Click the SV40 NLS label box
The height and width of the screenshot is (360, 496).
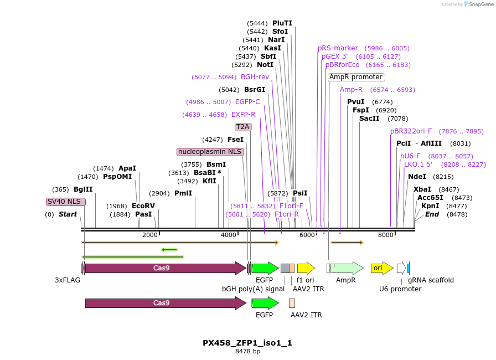point(66,202)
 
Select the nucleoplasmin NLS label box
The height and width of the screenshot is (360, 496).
point(210,152)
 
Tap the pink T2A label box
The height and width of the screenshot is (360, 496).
point(243,127)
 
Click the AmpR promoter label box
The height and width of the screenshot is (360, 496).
point(356,77)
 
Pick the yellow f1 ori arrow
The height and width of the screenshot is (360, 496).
point(306,268)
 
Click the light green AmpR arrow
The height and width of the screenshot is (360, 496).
point(347,268)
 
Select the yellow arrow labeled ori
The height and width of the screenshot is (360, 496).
point(382,268)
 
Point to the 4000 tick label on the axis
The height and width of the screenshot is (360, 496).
point(229,235)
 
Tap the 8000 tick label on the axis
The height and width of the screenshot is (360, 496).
point(385,235)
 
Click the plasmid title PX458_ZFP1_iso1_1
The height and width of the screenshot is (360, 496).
point(247,343)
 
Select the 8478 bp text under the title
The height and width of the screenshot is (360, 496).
point(247,351)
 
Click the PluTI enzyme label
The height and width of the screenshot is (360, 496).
point(282,23)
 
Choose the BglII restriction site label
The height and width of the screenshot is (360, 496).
point(83,189)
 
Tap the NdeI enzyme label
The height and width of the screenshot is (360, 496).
point(417,177)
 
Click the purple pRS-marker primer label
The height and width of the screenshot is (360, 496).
point(338,48)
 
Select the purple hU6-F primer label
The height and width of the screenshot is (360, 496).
point(410,156)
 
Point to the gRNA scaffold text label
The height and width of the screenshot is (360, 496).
point(431,280)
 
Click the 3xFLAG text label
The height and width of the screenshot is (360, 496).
point(68,280)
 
